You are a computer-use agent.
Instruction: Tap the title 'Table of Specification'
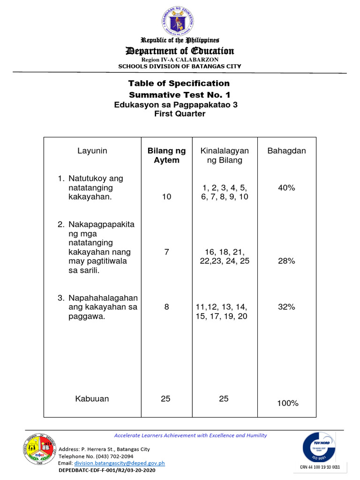179,83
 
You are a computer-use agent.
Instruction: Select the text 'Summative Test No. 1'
179,95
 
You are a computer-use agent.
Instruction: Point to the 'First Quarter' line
180,114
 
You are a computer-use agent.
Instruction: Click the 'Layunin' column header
92,150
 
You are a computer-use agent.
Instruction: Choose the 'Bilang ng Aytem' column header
166,155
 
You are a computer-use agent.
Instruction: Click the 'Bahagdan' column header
286,150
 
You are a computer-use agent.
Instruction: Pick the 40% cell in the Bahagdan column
286,187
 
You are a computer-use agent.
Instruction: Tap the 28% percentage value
286,261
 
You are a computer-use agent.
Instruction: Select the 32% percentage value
286,307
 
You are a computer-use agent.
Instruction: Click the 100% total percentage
287,403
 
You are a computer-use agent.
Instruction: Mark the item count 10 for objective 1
166,197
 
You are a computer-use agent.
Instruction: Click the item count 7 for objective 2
166,252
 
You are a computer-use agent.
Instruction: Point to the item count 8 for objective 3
166,307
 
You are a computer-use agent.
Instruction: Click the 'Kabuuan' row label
92,398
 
